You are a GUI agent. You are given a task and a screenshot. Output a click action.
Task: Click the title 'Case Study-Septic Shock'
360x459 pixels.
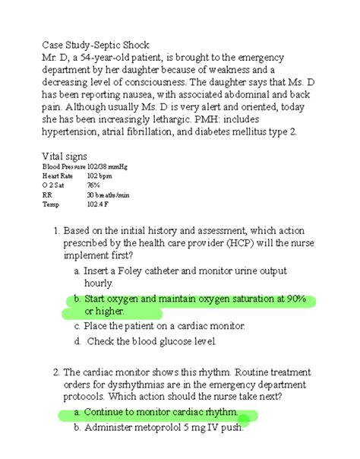tap(102, 44)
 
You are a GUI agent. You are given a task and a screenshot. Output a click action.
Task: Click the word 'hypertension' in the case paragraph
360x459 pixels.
tap(76, 132)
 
